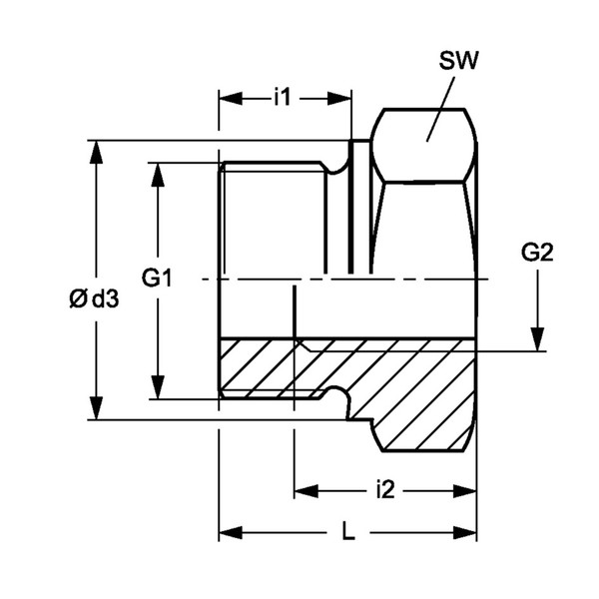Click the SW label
coord(458,60)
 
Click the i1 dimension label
coord(283,98)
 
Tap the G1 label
coord(157,278)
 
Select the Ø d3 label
coord(94,299)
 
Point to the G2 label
coord(537,253)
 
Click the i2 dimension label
coord(385,490)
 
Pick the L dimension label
coord(348,532)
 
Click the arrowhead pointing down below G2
coord(538,339)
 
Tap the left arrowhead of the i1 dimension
coord(231,99)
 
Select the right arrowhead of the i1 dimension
coord(339,99)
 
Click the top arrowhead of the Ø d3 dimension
coord(96,153)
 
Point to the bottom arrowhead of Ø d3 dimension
coord(96,408)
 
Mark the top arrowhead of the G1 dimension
coord(158,175)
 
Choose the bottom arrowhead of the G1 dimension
coord(158,387)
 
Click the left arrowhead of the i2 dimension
coord(306,491)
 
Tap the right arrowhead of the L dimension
coord(465,532)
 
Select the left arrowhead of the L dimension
coord(231,532)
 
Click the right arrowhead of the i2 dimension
coord(465,491)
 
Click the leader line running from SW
coord(440,109)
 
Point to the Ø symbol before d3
coord(78,299)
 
